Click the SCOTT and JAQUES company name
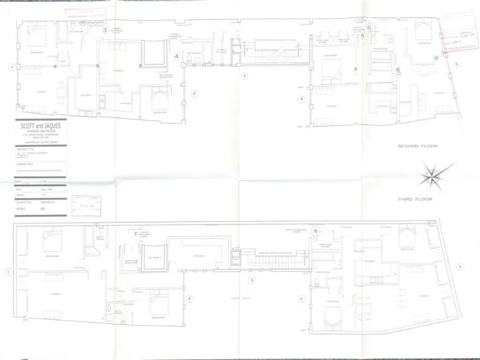click(x=41, y=125)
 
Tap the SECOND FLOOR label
click(x=417, y=146)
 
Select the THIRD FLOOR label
click(x=415, y=199)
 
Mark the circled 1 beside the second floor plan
click(x=11, y=67)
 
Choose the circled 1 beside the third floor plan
click(x=8, y=272)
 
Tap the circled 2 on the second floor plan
click(x=194, y=94)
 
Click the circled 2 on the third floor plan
click(x=189, y=299)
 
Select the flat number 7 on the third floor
click(x=136, y=234)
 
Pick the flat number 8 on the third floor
click(x=316, y=231)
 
